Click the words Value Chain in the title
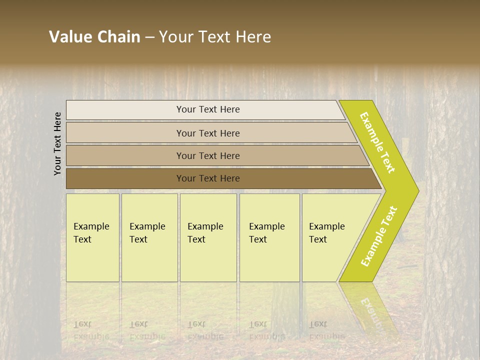coord(94,37)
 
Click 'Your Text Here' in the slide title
coord(215,37)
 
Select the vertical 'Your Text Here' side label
coord(57,143)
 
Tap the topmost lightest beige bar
coord(125,110)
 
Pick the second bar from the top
coord(125,133)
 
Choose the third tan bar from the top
coord(125,155)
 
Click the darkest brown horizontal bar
coord(125,178)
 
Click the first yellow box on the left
coord(92,260)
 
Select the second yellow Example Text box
coord(149,260)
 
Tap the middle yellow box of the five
coord(208,260)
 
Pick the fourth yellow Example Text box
coord(269,260)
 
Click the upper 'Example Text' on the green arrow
coord(377,142)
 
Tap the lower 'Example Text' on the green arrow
coord(378,236)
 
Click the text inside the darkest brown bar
coord(208,178)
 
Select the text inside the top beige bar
coord(208,109)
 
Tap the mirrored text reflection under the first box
coord(91,330)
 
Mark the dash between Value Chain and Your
coord(149,37)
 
